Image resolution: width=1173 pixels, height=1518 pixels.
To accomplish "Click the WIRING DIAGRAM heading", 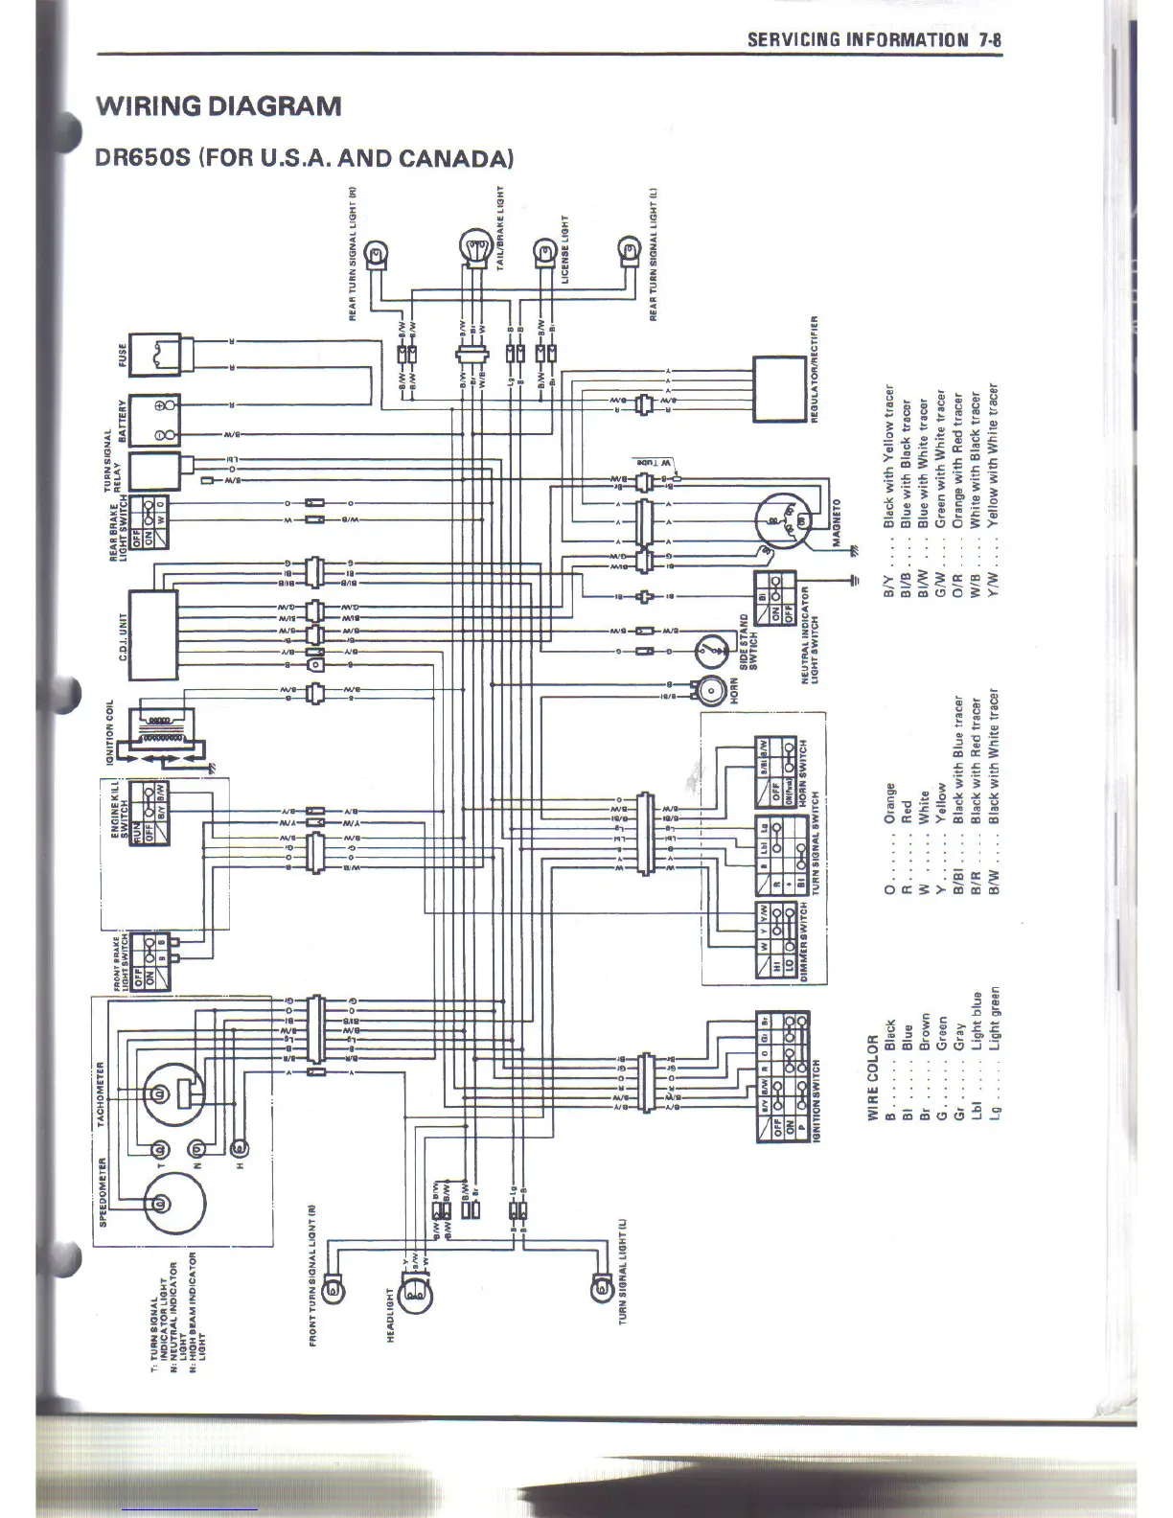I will point(218,105).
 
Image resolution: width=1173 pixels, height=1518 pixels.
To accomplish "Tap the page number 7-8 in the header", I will point(990,39).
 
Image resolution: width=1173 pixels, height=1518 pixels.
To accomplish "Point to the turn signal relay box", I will point(153,471).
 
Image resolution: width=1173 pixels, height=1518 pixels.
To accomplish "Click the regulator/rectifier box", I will point(778,388).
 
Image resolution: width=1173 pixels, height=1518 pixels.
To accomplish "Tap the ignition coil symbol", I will point(166,736).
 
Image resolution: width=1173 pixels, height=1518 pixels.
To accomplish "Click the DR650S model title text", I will point(304,157).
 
